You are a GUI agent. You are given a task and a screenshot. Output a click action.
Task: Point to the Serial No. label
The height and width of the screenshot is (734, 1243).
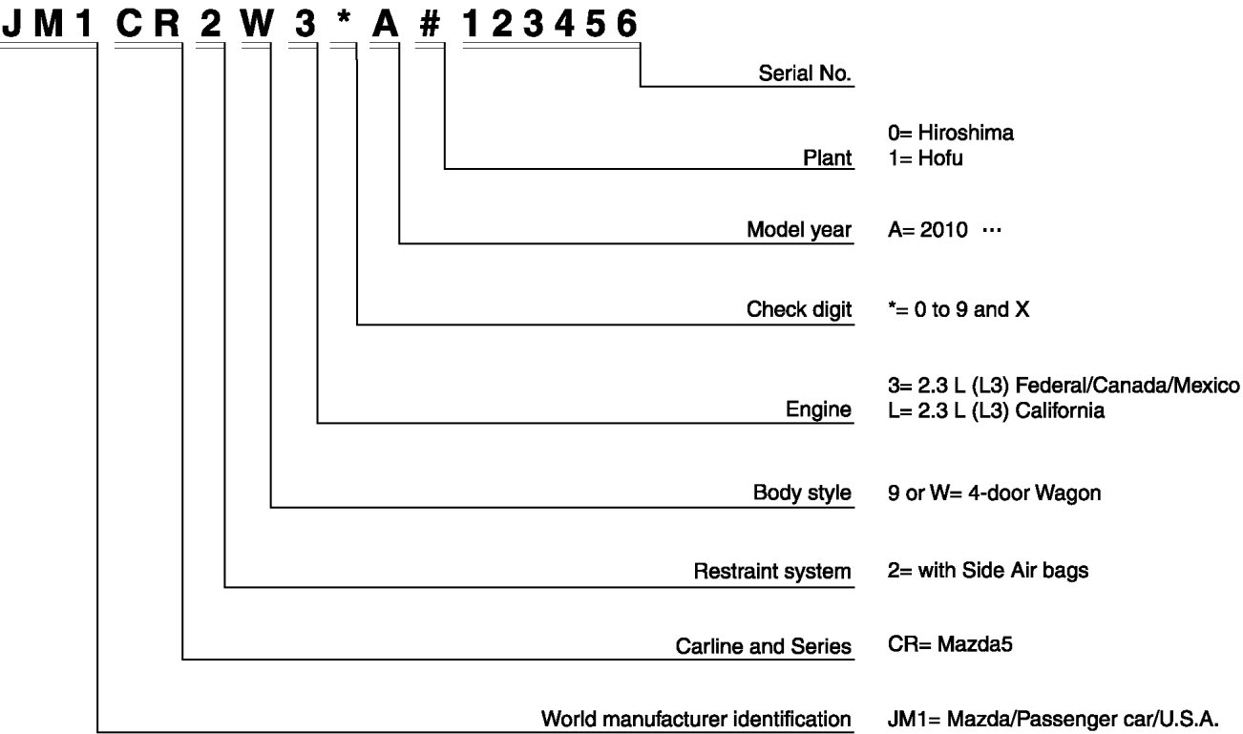click(x=805, y=73)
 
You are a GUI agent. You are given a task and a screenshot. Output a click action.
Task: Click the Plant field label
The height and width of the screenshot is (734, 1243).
click(x=828, y=158)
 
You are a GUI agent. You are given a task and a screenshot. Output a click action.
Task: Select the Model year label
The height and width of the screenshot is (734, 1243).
click(x=799, y=230)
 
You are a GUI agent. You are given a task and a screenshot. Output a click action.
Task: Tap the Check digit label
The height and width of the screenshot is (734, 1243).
click(x=799, y=310)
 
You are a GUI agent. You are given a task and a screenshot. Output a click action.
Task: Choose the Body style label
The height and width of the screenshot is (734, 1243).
click(x=802, y=493)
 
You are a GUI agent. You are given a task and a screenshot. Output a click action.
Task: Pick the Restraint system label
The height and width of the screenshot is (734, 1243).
click(x=771, y=572)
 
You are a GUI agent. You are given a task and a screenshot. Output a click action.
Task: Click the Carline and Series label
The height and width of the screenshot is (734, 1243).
click(x=763, y=646)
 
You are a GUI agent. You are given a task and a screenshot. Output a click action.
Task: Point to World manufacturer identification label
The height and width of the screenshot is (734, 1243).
click(x=696, y=718)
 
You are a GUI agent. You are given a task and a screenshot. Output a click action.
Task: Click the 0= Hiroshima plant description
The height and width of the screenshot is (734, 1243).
click(x=950, y=134)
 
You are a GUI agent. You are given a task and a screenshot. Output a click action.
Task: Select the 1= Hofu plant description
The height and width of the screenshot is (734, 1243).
click(x=924, y=158)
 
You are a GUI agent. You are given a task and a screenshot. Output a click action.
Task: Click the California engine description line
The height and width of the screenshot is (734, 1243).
click(x=996, y=411)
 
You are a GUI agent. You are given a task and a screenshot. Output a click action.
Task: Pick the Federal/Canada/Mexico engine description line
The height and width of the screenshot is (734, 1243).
click(x=1063, y=386)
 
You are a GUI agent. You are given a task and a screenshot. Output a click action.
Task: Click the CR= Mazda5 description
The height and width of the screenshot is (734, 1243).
click(x=949, y=644)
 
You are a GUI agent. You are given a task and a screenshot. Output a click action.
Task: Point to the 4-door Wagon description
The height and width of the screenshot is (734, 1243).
click(x=994, y=493)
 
